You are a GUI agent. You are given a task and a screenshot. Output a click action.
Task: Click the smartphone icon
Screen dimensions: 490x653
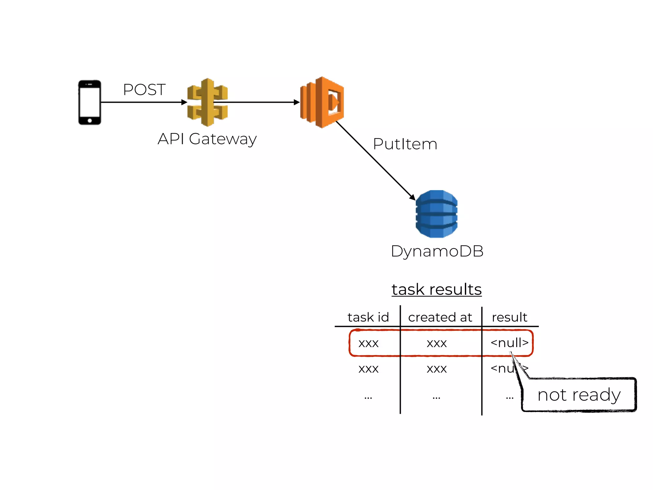(90, 102)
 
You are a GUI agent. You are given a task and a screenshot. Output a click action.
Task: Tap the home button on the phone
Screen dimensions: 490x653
(90, 121)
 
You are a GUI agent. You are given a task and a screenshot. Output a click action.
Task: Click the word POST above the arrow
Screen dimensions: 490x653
(144, 90)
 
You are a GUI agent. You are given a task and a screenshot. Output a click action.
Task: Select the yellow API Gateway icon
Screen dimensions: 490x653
(208, 102)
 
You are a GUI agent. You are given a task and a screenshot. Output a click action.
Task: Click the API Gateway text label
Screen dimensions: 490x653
(207, 139)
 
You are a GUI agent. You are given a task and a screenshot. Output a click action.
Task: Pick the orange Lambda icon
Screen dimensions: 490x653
(322, 102)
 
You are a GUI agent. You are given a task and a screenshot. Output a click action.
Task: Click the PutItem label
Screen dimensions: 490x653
(405, 144)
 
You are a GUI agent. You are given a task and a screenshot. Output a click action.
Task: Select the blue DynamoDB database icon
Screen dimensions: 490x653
(437, 214)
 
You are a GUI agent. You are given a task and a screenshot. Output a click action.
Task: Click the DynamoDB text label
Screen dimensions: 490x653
(437, 251)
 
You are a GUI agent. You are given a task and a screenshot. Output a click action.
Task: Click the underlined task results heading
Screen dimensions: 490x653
(437, 290)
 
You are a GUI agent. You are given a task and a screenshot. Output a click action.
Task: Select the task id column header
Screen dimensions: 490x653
(368, 317)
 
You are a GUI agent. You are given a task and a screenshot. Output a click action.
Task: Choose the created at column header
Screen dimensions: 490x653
(440, 317)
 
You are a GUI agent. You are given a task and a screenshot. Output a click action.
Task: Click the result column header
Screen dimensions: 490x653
(509, 317)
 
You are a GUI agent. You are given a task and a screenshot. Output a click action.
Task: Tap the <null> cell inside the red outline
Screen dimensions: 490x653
(509, 343)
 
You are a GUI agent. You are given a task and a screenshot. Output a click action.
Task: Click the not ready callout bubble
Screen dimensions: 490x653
(579, 395)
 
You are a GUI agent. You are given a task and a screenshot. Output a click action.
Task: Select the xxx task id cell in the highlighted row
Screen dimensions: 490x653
(368, 344)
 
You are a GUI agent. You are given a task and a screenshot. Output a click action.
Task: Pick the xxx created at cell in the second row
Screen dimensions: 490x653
(437, 369)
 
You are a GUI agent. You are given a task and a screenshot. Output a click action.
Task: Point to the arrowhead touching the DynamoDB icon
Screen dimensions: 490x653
(413, 197)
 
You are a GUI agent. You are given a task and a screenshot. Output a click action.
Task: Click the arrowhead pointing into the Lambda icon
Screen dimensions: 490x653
(297, 102)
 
